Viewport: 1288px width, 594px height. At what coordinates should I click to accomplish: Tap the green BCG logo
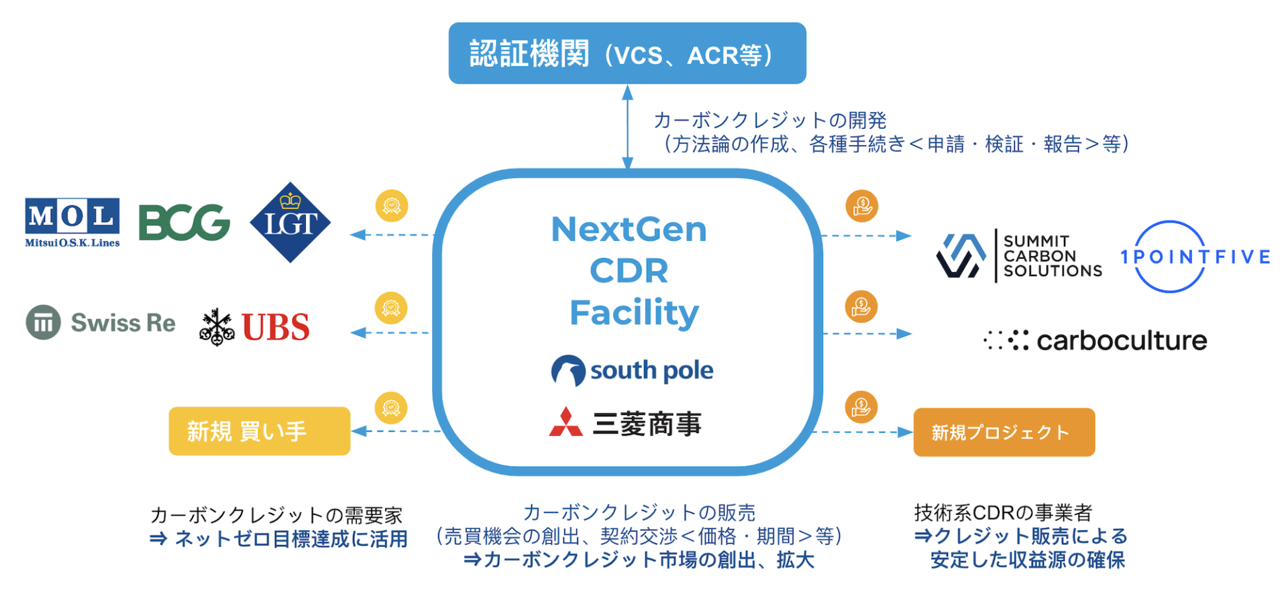click(184, 223)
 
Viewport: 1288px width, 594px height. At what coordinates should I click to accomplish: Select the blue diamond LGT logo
click(290, 223)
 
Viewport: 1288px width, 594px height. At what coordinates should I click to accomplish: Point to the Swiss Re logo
click(101, 322)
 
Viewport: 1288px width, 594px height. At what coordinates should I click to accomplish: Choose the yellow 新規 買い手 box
click(259, 431)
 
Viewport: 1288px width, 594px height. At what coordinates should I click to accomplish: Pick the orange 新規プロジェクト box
click(1004, 432)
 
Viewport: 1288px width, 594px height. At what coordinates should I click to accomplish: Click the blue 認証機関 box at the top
click(627, 54)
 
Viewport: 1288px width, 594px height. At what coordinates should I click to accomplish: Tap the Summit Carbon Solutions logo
click(1019, 255)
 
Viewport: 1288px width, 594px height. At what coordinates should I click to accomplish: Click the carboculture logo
click(1095, 341)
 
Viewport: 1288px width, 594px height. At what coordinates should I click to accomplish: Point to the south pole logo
click(632, 370)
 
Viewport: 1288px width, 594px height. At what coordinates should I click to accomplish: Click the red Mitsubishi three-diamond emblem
click(566, 422)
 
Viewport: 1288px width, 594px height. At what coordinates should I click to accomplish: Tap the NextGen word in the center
click(629, 229)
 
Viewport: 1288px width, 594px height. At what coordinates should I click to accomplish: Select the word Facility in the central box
click(634, 312)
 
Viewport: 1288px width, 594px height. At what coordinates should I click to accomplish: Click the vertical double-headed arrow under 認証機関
click(627, 127)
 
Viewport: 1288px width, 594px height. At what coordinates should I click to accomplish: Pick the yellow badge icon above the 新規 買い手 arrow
click(391, 408)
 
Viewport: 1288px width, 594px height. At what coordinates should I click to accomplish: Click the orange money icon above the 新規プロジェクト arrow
click(861, 407)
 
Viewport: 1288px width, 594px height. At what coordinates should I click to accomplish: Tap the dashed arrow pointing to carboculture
click(867, 333)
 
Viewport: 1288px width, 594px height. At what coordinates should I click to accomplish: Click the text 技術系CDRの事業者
click(1003, 513)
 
